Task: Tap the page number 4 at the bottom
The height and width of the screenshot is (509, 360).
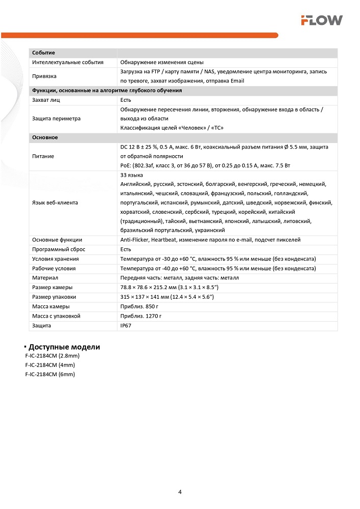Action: pos(180,492)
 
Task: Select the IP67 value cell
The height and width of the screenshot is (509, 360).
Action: pos(125,326)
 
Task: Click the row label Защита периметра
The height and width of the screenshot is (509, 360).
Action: pos(56,119)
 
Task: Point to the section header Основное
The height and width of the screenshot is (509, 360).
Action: pos(45,138)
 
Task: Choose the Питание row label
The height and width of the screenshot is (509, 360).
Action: pos(43,156)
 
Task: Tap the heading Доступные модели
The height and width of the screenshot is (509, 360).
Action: pos(64,347)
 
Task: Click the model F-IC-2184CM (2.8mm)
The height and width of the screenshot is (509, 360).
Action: pos(52,356)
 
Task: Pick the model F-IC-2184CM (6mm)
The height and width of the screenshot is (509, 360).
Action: pos(50,374)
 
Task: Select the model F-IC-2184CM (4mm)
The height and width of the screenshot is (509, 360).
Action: pos(50,365)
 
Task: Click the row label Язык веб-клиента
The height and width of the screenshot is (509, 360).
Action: pos(55,203)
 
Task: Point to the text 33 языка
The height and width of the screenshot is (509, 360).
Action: pos(131,175)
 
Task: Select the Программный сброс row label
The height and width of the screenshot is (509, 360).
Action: pos(59,249)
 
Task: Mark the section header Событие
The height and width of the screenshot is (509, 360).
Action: pos(43,53)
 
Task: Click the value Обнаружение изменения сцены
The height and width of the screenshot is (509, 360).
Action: pos(162,62)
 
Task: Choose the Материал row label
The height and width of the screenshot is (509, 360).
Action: pos(45,278)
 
